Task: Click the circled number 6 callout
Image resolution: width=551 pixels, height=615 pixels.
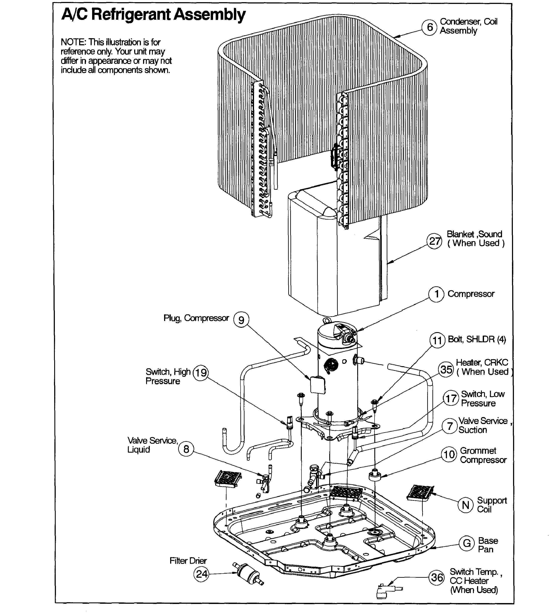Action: tap(429, 27)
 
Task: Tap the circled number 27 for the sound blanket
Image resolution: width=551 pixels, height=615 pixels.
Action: tap(434, 241)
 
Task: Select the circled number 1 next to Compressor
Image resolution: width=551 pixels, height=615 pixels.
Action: tap(436, 294)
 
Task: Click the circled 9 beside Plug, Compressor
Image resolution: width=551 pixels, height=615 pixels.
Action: tap(241, 320)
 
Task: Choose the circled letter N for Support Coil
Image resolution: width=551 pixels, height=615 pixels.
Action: tap(465, 505)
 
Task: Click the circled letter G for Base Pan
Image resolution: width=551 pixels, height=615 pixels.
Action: tap(466, 543)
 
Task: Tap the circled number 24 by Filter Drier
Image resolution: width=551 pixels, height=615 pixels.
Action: tap(201, 574)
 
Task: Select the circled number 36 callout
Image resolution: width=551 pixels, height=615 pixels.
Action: tap(437, 577)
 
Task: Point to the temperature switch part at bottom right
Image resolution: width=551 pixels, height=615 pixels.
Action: tap(386, 591)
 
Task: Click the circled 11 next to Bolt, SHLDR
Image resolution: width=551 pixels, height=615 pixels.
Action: tap(437, 340)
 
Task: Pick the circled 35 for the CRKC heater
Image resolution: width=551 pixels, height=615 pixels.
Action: tap(446, 369)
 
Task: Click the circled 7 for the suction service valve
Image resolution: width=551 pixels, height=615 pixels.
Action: tap(450, 426)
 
